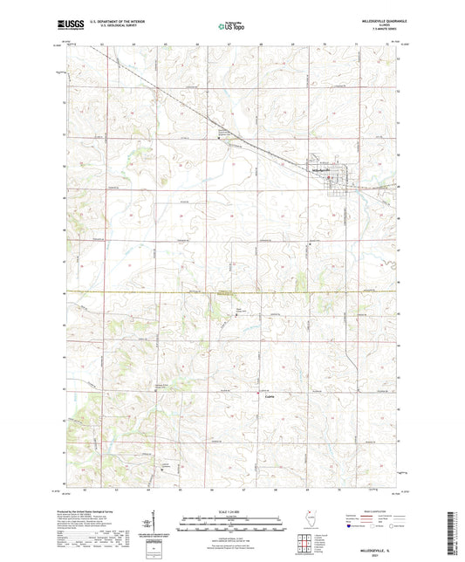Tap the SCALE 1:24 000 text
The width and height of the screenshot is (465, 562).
(232, 511)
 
